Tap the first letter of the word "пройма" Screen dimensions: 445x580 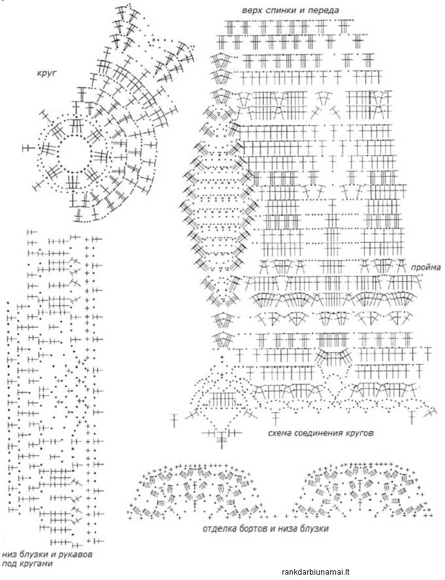[x=413, y=267]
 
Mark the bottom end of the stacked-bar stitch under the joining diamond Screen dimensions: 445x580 [x=222, y=448]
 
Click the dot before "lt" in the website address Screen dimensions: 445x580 [x=345, y=572]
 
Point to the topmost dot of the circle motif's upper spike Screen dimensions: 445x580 [x=129, y=4]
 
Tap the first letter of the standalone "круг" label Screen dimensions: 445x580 [x=39, y=73]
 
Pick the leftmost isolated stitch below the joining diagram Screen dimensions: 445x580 [x=175, y=420]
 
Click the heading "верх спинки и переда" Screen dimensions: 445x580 [x=290, y=10]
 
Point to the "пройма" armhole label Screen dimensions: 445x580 [x=425, y=267]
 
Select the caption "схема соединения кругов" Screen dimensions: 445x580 [x=321, y=433]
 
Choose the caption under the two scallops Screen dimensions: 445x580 [x=266, y=528]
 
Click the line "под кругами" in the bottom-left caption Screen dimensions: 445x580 [x=27, y=564]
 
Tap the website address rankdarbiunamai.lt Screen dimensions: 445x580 [x=316, y=572]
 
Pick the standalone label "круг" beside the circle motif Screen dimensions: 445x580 [x=46, y=73]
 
